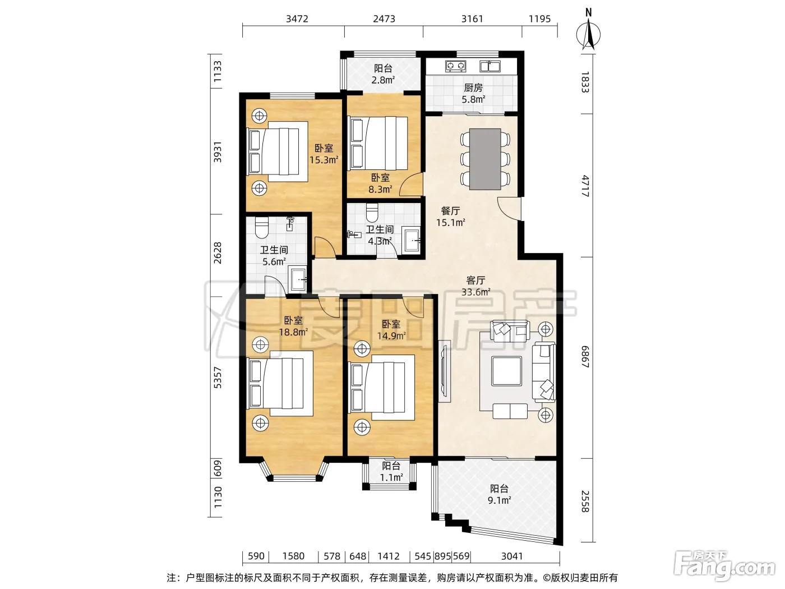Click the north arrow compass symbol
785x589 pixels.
588,34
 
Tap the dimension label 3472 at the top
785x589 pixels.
297,19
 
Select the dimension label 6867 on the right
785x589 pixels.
585,357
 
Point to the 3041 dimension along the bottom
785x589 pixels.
512,556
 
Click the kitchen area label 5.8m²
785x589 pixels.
473,99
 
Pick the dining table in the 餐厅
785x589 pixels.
485,159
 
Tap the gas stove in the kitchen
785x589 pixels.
455,66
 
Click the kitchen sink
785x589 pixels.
490,66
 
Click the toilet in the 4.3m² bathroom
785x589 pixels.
372,213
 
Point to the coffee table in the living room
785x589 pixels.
506,371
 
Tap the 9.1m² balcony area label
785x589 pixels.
499,500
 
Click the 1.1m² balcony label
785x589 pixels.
391,477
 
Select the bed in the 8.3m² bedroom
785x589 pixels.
378,143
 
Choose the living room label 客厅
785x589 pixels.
475,280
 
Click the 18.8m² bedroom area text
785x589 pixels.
293,332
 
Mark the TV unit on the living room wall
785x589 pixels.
444,371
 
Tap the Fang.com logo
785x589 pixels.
724,566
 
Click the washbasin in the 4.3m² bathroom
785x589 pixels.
411,240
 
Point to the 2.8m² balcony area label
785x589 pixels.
383,80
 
